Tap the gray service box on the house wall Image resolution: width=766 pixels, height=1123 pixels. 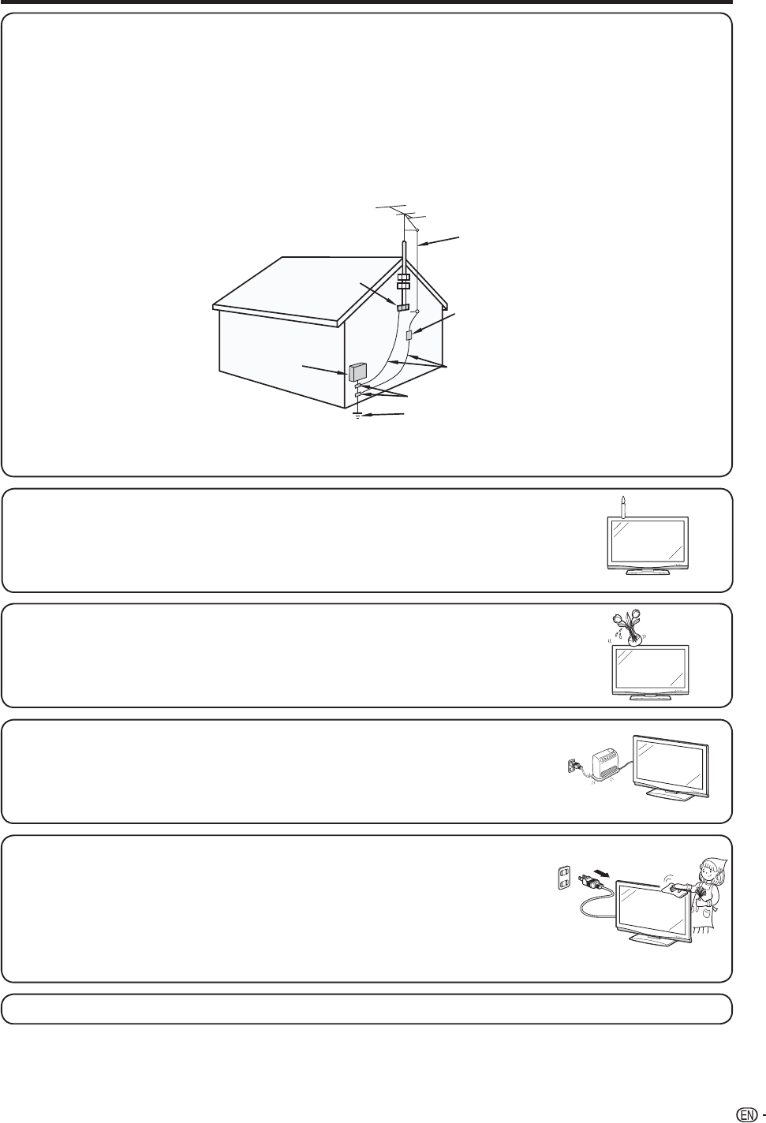click(x=357, y=370)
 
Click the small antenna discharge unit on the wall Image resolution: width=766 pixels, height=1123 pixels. click(x=409, y=336)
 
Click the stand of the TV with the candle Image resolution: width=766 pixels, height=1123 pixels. click(x=645, y=573)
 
